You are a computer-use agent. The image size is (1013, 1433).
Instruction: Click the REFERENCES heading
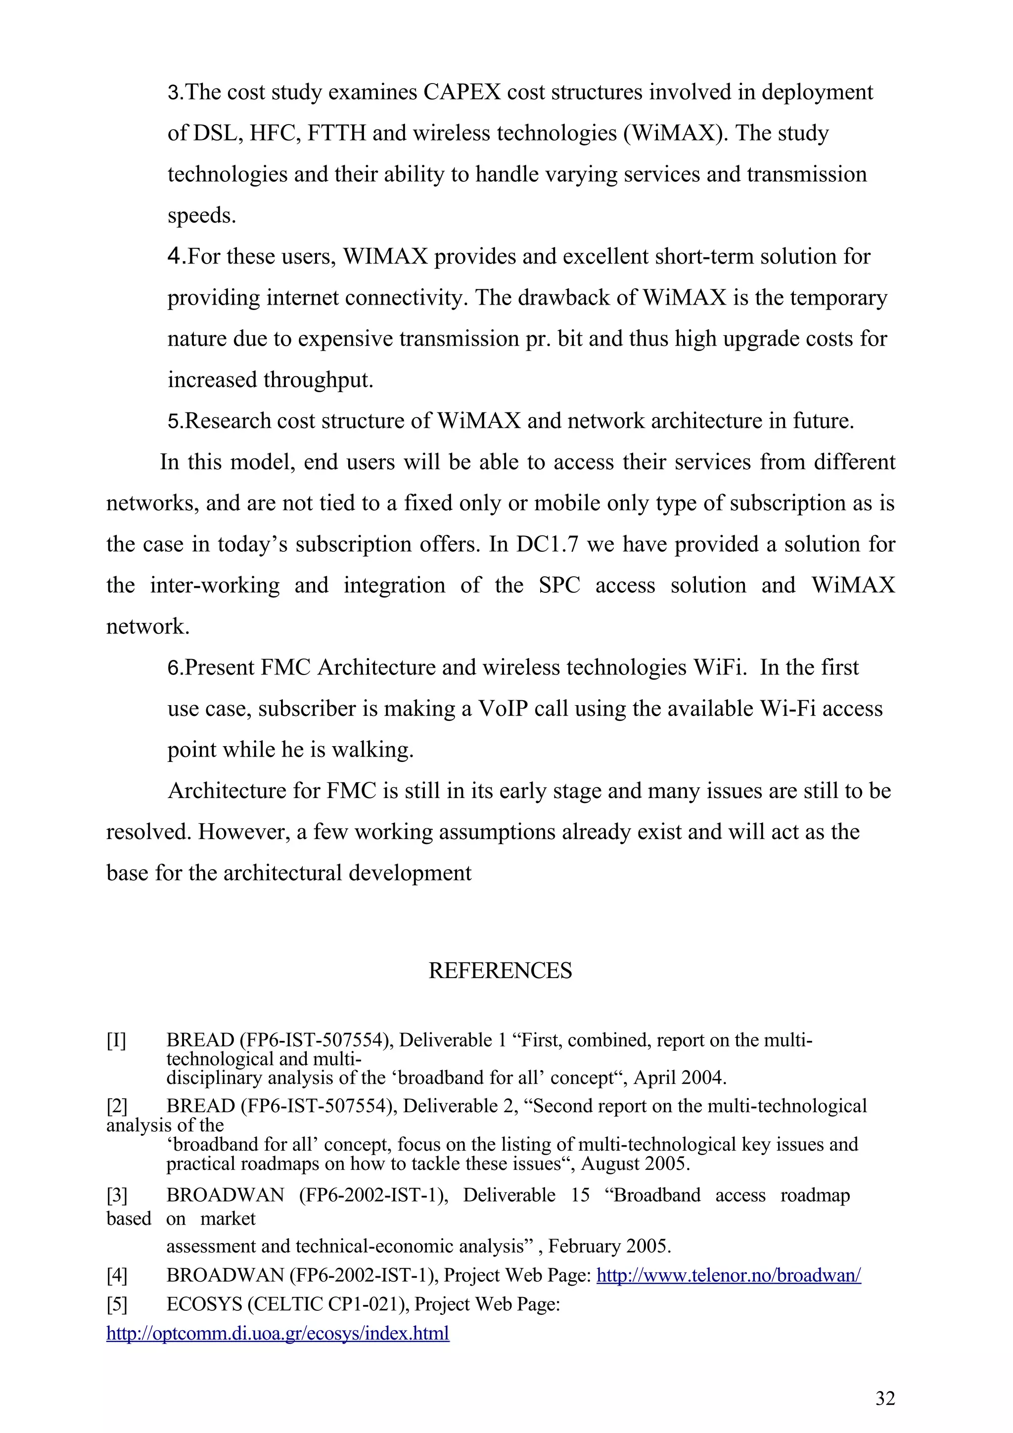coord(500,971)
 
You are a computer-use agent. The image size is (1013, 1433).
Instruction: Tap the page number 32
coord(885,1399)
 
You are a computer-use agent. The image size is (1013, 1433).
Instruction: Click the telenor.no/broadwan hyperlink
coord(729,1275)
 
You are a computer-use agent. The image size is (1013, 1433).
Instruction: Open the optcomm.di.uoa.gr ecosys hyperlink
coord(278,1333)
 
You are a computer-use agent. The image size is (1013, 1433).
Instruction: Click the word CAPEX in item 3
coord(462,92)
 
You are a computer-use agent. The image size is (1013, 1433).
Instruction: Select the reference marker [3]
coord(117,1195)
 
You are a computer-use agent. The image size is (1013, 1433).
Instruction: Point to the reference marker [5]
coord(117,1304)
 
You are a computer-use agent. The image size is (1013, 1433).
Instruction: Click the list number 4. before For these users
coord(177,257)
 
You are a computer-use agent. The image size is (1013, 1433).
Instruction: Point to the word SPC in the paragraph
coord(559,585)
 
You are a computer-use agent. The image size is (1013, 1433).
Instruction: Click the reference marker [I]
coord(116,1040)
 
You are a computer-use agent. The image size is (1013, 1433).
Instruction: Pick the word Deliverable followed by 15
coord(508,1195)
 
